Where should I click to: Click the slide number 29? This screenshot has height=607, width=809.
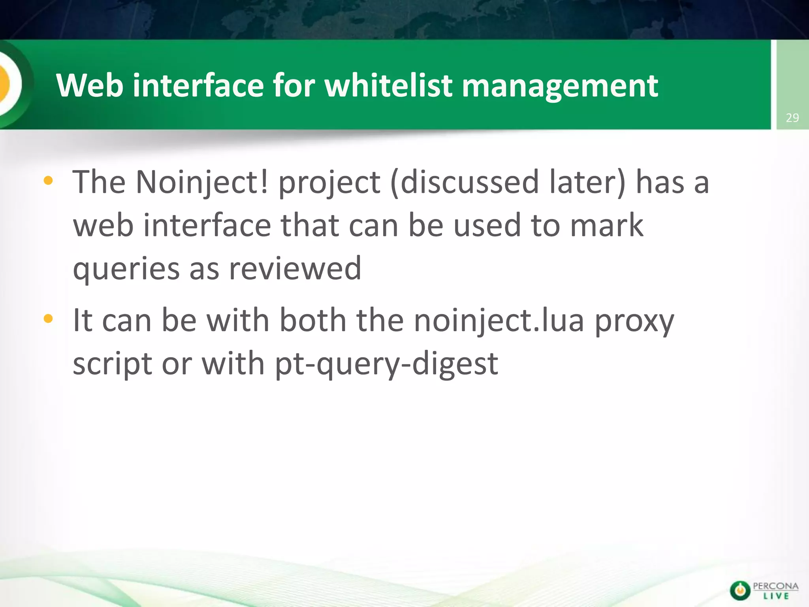(792, 118)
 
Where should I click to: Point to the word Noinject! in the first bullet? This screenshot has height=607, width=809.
(202, 183)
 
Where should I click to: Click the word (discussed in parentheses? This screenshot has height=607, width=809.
(465, 183)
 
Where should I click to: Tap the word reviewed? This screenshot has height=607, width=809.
(295, 268)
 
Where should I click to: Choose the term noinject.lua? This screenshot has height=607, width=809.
(499, 321)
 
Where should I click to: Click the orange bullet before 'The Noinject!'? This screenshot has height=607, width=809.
(48, 181)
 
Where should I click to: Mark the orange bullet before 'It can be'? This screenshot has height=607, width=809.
(48, 319)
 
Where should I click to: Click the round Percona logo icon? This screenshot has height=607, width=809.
(740, 591)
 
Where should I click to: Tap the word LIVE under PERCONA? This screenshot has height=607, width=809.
(776, 596)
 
